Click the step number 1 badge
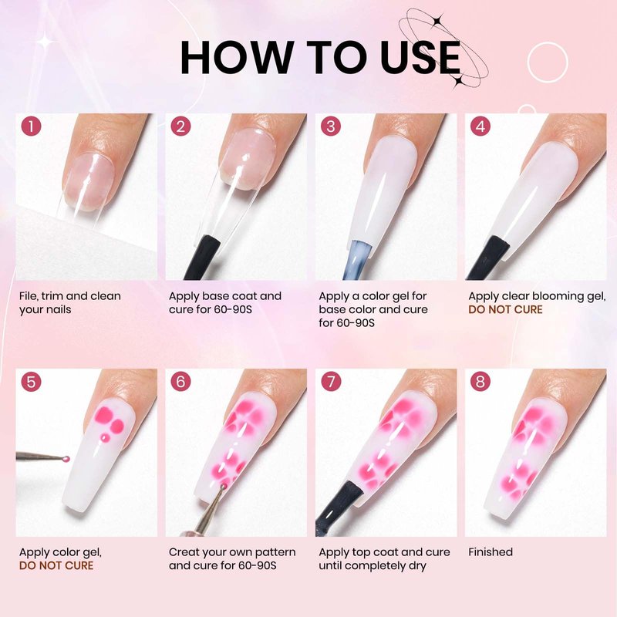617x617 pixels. click(31, 126)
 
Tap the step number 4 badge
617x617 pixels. click(480, 126)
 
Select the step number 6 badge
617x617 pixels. click(180, 381)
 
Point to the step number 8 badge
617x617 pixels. click(480, 381)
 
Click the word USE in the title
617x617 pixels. click(420, 58)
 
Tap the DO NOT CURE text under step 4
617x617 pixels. click(505, 309)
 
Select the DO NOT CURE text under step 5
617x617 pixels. click(56, 565)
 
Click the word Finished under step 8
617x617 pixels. click(491, 551)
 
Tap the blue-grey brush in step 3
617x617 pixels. click(357, 261)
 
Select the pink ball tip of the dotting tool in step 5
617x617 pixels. click(66, 458)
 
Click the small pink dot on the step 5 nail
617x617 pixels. click(105, 437)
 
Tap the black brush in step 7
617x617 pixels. click(339, 508)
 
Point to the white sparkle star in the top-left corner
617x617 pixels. click(46, 41)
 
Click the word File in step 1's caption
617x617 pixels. click(29, 296)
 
